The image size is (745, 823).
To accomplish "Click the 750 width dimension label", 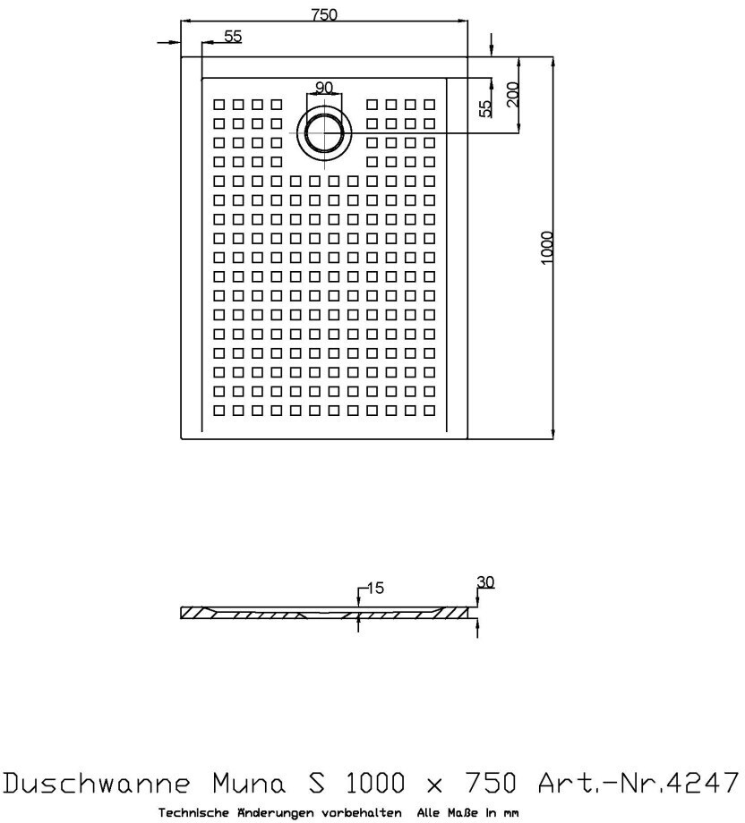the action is [x=324, y=15].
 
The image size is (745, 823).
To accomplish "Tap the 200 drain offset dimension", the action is [x=513, y=95].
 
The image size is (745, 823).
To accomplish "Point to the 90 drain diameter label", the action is [x=323, y=87].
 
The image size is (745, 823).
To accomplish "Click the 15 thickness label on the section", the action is [x=374, y=588].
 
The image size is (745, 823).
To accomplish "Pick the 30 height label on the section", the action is [x=485, y=582].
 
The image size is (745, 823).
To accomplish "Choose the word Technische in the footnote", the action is [x=192, y=812].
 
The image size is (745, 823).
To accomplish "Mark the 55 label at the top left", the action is [x=232, y=37].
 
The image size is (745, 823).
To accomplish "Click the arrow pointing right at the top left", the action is [x=167, y=41].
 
